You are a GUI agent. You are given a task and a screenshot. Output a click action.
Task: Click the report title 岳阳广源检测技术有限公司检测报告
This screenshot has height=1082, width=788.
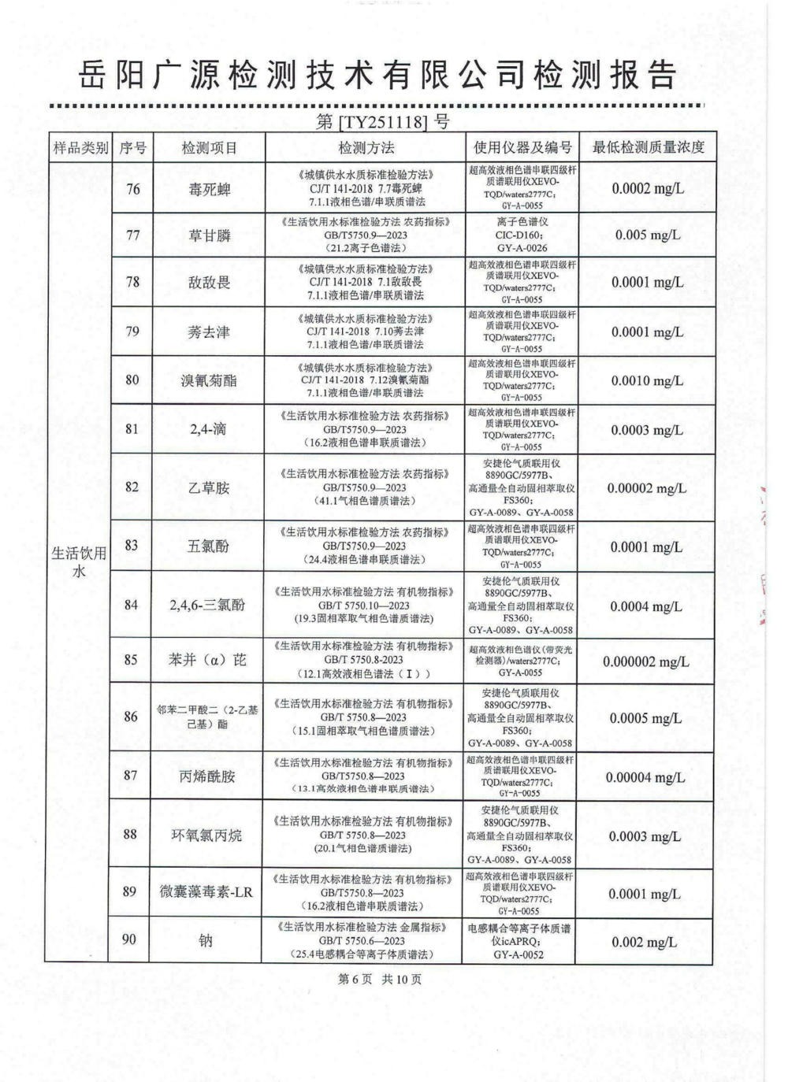click(x=377, y=76)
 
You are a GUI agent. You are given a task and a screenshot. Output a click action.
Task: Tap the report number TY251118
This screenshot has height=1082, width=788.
click(x=383, y=122)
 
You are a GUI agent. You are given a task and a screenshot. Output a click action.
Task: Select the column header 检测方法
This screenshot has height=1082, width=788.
click(x=366, y=148)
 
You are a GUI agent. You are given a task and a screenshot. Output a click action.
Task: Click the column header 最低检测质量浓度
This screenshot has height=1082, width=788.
click(x=648, y=147)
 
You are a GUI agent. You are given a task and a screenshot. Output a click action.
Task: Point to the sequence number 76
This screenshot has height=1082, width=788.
click(x=132, y=189)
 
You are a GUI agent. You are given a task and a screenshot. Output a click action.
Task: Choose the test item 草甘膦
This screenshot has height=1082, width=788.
click(x=209, y=235)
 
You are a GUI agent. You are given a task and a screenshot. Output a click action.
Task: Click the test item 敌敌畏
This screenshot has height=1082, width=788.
click(x=209, y=282)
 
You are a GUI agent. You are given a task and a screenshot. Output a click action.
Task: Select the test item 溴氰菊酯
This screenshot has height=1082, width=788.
click(x=209, y=380)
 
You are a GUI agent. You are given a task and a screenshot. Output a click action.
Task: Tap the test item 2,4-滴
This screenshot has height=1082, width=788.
click(x=209, y=429)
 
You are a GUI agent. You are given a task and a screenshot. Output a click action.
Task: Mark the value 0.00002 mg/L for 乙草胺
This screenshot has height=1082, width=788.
click(x=646, y=488)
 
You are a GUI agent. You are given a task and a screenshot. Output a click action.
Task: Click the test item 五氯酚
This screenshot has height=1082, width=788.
click(x=209, y=546)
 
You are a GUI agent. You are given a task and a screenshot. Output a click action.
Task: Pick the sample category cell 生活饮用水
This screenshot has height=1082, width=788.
click(x=78, y=561)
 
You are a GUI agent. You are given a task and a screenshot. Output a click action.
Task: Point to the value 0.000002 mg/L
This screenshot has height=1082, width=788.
click(x=645, y=661)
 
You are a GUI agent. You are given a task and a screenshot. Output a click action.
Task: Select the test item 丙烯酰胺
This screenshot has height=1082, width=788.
click(x=208, y=776)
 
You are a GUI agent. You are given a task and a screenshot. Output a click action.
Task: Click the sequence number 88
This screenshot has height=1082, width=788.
click(x=131, y=834)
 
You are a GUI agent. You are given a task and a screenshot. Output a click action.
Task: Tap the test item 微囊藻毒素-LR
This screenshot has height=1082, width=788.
click(x=206, y=891)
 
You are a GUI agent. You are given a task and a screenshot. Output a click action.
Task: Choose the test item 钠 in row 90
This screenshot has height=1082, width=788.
click(x=206, y=940)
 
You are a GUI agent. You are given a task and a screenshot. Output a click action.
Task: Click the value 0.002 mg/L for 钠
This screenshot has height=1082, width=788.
click(x=644, y=943)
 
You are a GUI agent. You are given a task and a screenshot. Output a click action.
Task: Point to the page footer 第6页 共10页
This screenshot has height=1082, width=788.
click(x=380, y=979)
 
